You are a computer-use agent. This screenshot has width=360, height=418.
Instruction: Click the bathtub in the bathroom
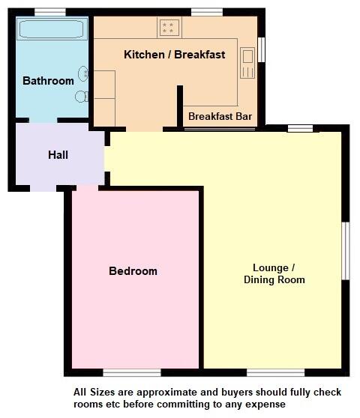[x=52, y=30]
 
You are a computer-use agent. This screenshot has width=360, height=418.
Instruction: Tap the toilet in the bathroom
[x=82, y=96]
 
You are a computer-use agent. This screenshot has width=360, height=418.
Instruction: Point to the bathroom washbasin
[x=84, y=73]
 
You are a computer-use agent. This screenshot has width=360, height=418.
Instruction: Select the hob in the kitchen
[x=169, y=28]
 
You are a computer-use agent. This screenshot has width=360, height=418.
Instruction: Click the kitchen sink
[x=247, y=62]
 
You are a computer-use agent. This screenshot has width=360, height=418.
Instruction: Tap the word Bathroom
[x=48, y=81]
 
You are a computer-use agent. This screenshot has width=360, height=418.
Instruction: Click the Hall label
[x=58, y=155]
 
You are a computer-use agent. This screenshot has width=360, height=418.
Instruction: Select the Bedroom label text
[x=133, y=271]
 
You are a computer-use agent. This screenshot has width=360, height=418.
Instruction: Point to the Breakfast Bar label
[x=220, y=117]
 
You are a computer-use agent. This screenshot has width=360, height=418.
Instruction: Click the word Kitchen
[x=143, y=55]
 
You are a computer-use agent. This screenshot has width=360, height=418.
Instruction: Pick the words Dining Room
[x=274, y=280]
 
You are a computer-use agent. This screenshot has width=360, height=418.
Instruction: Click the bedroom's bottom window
[x=132, y=372]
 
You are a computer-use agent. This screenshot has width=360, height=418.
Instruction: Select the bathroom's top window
[x=50, y=12]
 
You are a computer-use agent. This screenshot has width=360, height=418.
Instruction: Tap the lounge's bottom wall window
[x=275, y=372]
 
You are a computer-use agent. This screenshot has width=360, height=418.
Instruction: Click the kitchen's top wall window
[x=206, y=12]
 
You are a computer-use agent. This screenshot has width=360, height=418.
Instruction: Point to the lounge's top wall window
[x=300, y=129]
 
